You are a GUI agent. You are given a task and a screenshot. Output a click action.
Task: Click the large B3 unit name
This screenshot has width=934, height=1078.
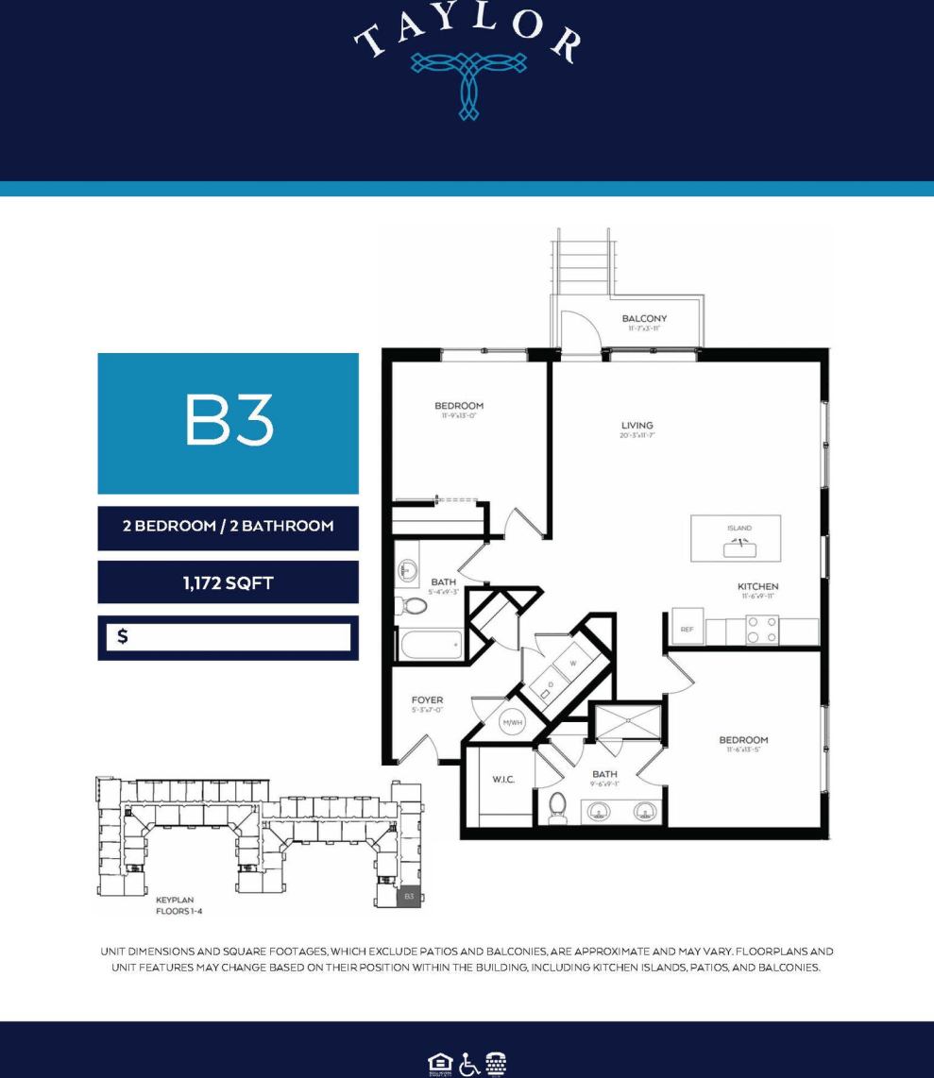[x=229, y=422]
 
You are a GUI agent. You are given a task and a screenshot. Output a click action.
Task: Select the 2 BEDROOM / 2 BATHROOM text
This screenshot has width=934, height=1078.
[x=228, y=526]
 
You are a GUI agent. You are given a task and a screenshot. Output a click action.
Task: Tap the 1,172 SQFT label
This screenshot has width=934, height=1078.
[x=228, y=583]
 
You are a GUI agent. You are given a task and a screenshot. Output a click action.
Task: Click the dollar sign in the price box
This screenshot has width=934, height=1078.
[x=123, y=637]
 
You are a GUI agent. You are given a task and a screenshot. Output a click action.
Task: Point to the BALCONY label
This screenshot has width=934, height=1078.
[x=644, y=319]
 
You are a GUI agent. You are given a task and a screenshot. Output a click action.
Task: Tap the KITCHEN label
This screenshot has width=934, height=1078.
[x=757, y=587]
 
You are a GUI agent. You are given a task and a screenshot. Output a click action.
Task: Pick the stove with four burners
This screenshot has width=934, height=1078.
[x=762, y=631]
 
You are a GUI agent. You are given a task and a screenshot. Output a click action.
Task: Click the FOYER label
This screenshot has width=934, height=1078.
[x=427, y=700]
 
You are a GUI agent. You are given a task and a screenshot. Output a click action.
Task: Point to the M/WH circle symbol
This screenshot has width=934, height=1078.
[x=512, y=723]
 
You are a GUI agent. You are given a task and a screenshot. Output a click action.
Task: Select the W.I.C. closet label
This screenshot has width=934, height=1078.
[x=503, y=780]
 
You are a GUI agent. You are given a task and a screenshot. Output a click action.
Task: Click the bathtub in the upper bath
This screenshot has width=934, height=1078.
[x=431, y=646]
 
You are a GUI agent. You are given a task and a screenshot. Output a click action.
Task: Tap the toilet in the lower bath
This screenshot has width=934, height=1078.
[x=557, y=807]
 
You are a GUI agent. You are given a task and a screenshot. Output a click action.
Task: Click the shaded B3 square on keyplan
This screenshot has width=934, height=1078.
[x=409, y=896]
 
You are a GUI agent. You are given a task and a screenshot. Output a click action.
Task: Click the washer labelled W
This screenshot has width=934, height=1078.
[x=571, y=663]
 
